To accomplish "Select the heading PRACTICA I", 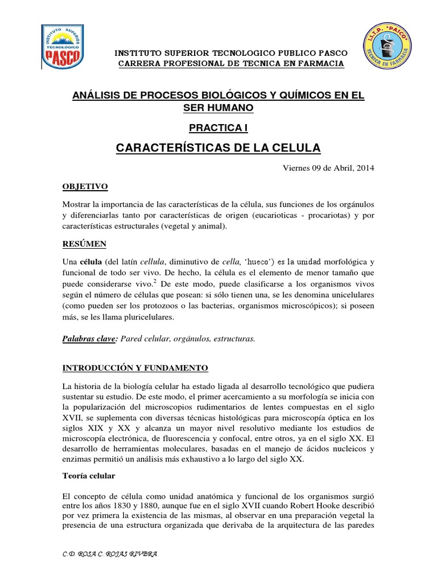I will point(218,128).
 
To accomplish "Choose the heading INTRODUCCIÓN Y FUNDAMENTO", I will point(135,368).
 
